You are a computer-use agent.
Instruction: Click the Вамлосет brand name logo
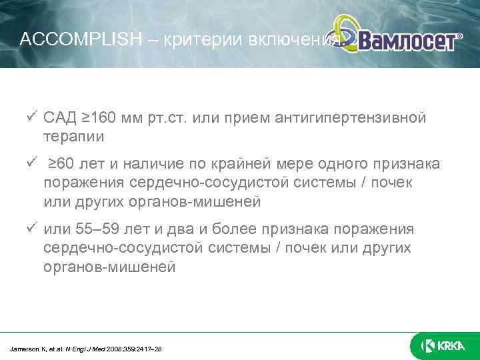click(x=409, y=41)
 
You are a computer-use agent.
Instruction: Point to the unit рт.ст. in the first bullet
click(x=179, y=119)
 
